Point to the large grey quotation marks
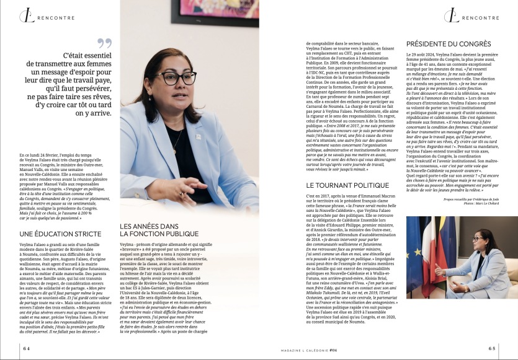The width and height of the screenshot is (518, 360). tap(104, 43)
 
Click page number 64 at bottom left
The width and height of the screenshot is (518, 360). tap(27, 349)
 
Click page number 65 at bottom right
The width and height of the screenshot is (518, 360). tap(492, 349)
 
